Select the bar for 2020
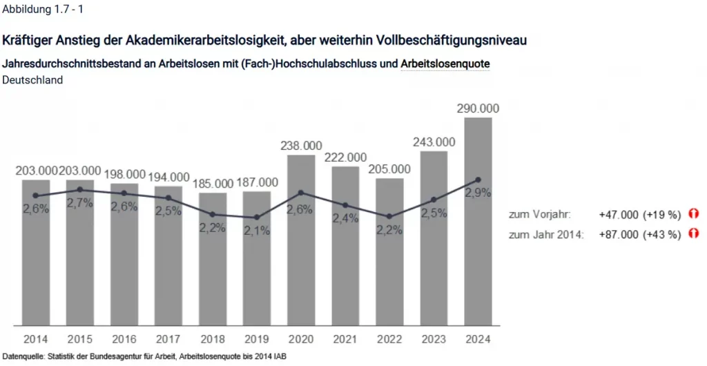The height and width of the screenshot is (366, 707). pos(301,262)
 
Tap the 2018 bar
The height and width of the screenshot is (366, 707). pos(213,276)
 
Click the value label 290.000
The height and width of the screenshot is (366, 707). pos(478,108)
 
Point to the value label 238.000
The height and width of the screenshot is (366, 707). pos(301,146)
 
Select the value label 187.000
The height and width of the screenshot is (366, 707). pos(257,182)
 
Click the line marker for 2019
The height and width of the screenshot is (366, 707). pos(257,218)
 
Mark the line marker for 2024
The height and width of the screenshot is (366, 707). pos(478,180)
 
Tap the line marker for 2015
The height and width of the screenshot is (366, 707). pos(80,189)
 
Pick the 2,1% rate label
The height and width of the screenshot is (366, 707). pos(257,231)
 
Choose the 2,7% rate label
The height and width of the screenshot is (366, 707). pos(80,202)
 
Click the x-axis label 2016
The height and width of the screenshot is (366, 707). pos(124,339)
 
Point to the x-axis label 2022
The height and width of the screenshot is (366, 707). pos(389,339)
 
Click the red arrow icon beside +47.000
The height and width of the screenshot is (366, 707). pos(694,215)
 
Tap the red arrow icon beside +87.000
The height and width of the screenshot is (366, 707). pos(694,234)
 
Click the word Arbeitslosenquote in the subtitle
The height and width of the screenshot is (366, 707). pos(445,64)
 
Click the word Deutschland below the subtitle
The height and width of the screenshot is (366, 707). pos(33,79)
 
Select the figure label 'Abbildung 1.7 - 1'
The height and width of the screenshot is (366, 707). pos(45,10)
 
